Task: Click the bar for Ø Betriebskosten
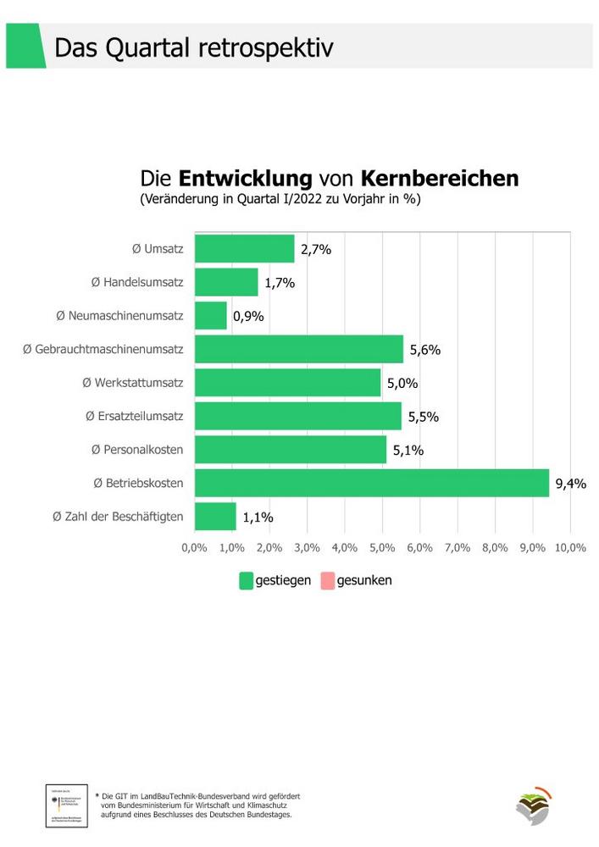tap(372, 483)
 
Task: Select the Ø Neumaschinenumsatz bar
tap(211, 316)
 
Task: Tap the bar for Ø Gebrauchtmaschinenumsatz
tap(299, 349)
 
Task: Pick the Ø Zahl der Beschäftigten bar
tap(215, 516)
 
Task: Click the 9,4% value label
tap(570, 484)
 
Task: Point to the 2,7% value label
tap(315, 250)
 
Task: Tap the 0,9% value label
tap(248, 317)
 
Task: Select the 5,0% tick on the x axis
tap(382, 547)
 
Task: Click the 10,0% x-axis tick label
tap(569, 547)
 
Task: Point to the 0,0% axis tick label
tap(195, 547)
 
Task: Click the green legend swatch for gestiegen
tap(247, 581)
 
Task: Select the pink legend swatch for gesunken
tap(327, 581)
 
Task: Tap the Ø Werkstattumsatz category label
tap(132, 383)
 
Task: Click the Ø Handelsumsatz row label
tap(137, 282)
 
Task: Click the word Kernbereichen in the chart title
tap(440, 179)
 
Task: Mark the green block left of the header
tap(25, 46)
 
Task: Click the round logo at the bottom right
tap(533, 805)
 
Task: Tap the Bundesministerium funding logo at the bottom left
tap(66, 805)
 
